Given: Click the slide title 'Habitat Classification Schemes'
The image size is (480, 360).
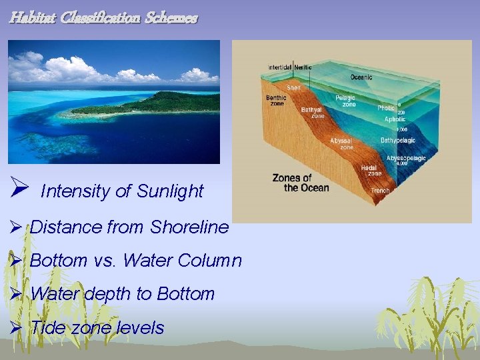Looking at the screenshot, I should (103, 18).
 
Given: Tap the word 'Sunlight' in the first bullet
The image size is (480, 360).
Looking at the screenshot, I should (170, 191).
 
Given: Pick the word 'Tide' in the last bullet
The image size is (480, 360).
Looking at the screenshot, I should (48, 328).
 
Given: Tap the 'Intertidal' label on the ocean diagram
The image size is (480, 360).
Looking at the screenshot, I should (280, 67).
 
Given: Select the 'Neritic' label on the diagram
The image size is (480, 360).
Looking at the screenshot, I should (303, 67).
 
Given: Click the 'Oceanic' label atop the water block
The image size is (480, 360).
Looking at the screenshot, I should (361, 77).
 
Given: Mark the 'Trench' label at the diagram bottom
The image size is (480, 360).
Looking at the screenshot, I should (381, 191).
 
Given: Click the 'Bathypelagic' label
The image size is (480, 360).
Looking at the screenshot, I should (397, 141).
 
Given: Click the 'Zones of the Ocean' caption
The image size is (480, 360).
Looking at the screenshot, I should (301, 183).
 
